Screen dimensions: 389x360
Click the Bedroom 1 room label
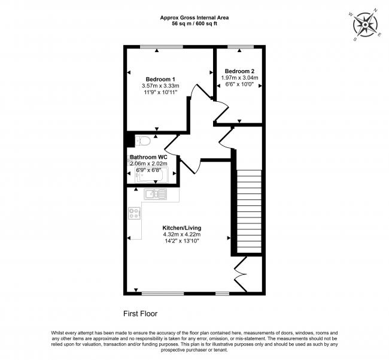pos(160,79)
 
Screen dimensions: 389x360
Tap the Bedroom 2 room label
pos(239,71)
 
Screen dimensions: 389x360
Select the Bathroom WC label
pos(148,157)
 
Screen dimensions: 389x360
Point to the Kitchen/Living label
pos(181,228)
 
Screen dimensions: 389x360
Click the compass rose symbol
pos(365,25)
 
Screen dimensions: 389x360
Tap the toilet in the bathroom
pos(142,141)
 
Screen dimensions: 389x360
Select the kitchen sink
pos(156,194)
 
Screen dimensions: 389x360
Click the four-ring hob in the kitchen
pos(134,213)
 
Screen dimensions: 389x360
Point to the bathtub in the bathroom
pos(150,176)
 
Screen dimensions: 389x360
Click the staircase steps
pos(249,211)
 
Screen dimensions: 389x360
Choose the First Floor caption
pos(141,314)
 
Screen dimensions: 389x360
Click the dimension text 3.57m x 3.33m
pos(160,86)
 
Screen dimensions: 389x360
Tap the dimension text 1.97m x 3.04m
pos(239,78)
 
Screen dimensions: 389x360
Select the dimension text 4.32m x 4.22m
pos(182,234)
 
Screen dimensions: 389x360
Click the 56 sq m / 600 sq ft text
pos(194,24)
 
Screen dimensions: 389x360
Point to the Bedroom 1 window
pos(163,47)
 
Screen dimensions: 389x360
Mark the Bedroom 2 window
pos(241,47)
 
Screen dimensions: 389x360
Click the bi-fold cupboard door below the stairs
pos(241,274)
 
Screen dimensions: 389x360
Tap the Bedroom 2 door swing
pos(221,110)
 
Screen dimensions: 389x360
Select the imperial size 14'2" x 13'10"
pos(182,241)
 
